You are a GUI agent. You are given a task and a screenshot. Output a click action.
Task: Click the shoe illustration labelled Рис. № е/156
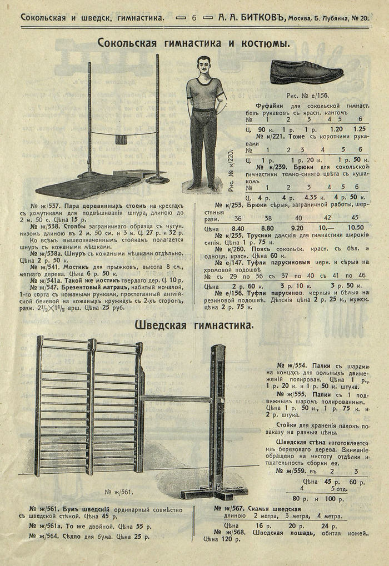click(306, 72)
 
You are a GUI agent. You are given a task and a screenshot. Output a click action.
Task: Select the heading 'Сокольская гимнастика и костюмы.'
click(194, 42)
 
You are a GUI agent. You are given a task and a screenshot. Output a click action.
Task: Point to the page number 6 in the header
click(194, 18)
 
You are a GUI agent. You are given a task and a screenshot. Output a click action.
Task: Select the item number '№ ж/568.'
click(230, 532)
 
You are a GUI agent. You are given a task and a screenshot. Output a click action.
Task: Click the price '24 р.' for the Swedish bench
click(329, 525)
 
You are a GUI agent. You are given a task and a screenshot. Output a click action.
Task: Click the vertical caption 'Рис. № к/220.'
click(231, 169)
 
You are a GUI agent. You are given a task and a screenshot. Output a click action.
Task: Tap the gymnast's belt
click(204, 111)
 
